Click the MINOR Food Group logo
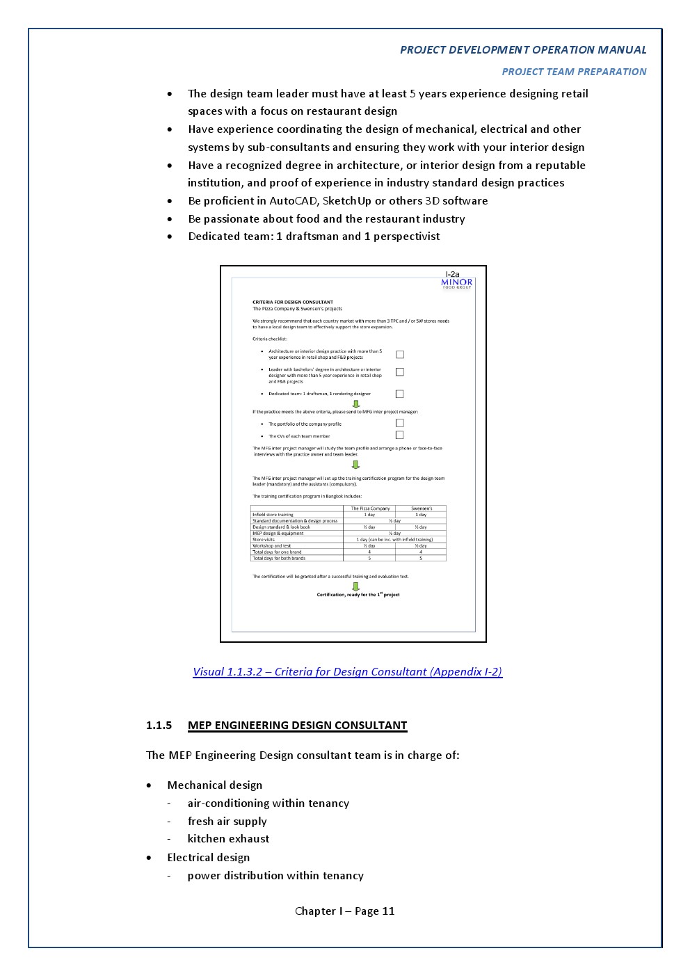coord(456,283)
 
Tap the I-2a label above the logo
coord(452,274)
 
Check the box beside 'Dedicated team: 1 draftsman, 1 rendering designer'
coord(400,394)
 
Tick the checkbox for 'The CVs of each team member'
coord(400,435)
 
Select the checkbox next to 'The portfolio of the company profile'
coord(400,423)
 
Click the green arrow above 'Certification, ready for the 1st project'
coord(356,586)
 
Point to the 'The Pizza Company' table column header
coord(370,509)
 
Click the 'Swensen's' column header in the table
coord(422,509)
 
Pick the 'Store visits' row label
coord(264,539)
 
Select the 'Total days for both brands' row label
coord(279,558)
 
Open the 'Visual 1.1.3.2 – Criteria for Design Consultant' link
coord(347,671)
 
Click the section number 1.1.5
coord(159,725)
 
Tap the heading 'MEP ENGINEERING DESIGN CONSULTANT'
coord(297,725)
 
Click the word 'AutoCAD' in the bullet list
coord(292,200)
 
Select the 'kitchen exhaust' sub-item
coord(228,838)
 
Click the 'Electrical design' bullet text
coord(208,857)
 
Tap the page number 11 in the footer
coord(388,911)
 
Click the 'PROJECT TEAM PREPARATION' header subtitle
coord(574,72)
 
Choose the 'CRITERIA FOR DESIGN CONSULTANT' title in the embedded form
coord(293,302)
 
